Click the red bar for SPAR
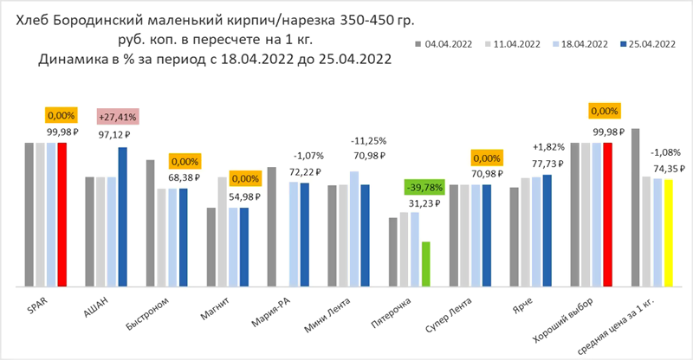pos(62,214)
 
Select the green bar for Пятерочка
pos(426,264)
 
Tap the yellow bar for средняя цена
pos(669,232)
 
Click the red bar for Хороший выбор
pos(608,214)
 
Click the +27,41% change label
pos(113,115)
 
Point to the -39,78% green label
pos(425,187)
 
